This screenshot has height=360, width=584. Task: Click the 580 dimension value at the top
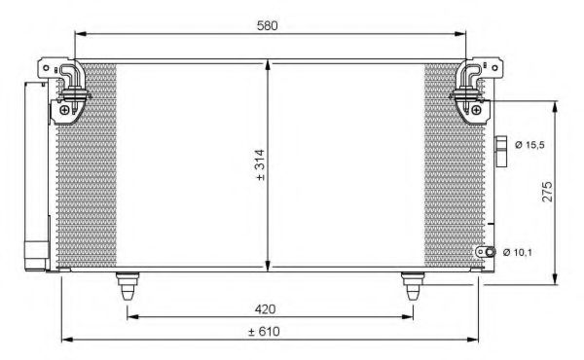coord(268,25)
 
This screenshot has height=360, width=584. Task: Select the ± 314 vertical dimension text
coord(260,165)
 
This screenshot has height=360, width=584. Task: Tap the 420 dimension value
coord(265,309)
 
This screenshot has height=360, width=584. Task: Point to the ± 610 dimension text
coord(264,331)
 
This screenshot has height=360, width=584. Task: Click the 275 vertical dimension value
coord(547,192)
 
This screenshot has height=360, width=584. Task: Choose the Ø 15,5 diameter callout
coord(529,144)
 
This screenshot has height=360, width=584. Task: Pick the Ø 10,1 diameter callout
coord(518,252)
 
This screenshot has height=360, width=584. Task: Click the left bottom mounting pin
coord(128,286)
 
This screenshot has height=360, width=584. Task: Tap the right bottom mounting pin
coord(413,286)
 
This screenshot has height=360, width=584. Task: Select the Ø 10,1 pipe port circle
coord(491,252)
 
